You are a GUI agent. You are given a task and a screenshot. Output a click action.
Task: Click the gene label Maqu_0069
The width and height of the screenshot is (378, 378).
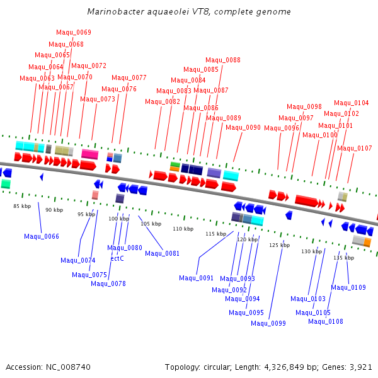click(74, 33)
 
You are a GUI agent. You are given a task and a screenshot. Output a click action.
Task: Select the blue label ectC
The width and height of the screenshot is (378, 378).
click(117, 258)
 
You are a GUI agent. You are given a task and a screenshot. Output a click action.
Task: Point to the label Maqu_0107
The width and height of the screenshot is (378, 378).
click(355, 149)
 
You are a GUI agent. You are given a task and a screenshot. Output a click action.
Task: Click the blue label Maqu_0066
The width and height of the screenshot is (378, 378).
click(42, 236)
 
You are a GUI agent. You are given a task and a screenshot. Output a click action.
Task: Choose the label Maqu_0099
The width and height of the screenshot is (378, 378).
click(268, 323)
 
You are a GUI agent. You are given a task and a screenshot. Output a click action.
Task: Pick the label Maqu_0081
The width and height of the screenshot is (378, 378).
click(162, 253)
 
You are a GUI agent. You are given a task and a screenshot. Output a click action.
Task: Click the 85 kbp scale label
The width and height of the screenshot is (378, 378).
click(22, 206)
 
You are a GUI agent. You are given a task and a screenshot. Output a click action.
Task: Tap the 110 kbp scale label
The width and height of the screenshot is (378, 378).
click(183, 229)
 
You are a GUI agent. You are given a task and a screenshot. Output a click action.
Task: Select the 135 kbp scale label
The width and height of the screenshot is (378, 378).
click(343, 258)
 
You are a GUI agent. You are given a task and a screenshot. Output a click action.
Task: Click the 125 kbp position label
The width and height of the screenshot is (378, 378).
click(279, 245)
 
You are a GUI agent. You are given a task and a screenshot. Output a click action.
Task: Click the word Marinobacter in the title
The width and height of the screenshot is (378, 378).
click(113, 12)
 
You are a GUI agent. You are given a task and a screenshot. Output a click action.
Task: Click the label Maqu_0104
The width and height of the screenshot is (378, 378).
click(352, 103)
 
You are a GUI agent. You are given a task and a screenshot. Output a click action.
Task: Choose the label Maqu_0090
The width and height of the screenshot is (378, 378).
click(243, 127)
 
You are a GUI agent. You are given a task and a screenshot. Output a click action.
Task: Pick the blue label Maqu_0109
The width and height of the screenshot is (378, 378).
click(348, 287)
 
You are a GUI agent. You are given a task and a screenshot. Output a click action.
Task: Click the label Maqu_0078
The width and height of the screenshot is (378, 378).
click(108, 283)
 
